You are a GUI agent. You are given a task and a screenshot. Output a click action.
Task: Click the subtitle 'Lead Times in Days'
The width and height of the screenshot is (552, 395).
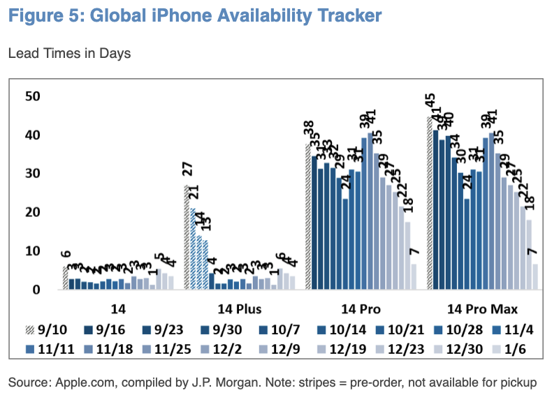(x=69, y=53)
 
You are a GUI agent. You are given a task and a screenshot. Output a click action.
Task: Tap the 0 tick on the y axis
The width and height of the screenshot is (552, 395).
(x=36, y=290)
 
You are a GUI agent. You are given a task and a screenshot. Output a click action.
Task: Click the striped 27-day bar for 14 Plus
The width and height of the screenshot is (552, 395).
(x=187, y=237)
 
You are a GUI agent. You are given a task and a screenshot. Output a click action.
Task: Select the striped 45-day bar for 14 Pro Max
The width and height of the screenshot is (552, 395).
(x=428, y=202)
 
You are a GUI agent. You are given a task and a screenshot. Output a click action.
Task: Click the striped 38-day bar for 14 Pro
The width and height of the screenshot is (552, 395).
(x=307, y=216)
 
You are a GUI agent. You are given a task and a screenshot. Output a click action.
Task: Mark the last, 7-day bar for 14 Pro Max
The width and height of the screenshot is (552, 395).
(x=535, y=276)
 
